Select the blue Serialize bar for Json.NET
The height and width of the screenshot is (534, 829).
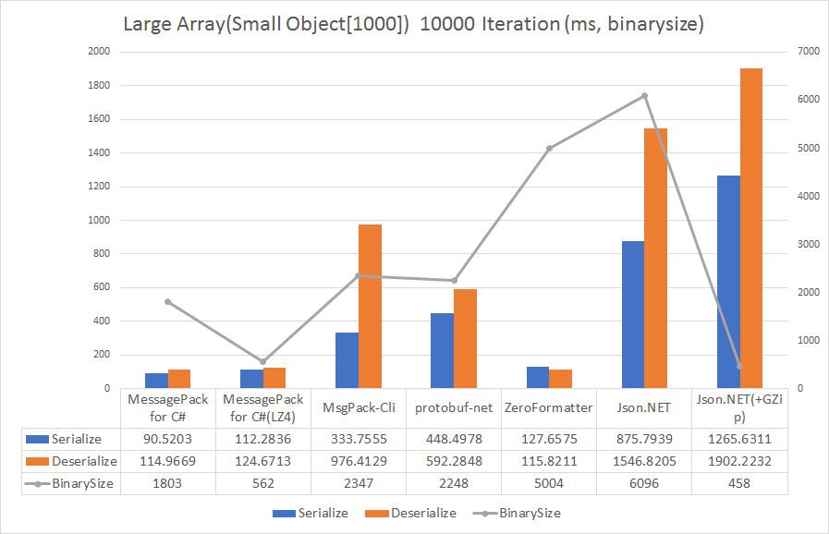(x=632, y=314)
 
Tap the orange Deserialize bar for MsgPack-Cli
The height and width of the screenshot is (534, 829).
(x=370, y=306)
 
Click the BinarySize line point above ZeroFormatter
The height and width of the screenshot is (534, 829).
(x=549, y=148)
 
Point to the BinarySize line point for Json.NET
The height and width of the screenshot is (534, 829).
(x=644, y=95)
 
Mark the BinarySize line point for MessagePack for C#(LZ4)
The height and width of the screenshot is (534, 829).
(x=262, y=361)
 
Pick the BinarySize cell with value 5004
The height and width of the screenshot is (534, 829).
(x=549, y=483)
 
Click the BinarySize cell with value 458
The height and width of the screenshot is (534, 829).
(x=739, y=483)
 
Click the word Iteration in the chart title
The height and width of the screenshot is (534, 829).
(x=511, y=24)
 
